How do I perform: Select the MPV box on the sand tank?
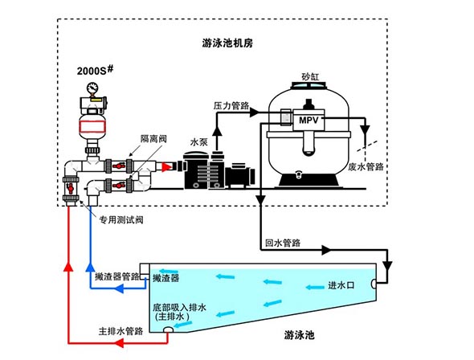[309, 120]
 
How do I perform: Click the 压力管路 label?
[232, 104]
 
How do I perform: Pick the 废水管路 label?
[367, 167]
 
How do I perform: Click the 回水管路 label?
[283, 241]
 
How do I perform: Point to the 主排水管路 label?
[121, 330]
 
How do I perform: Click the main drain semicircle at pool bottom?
[169, 337]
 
